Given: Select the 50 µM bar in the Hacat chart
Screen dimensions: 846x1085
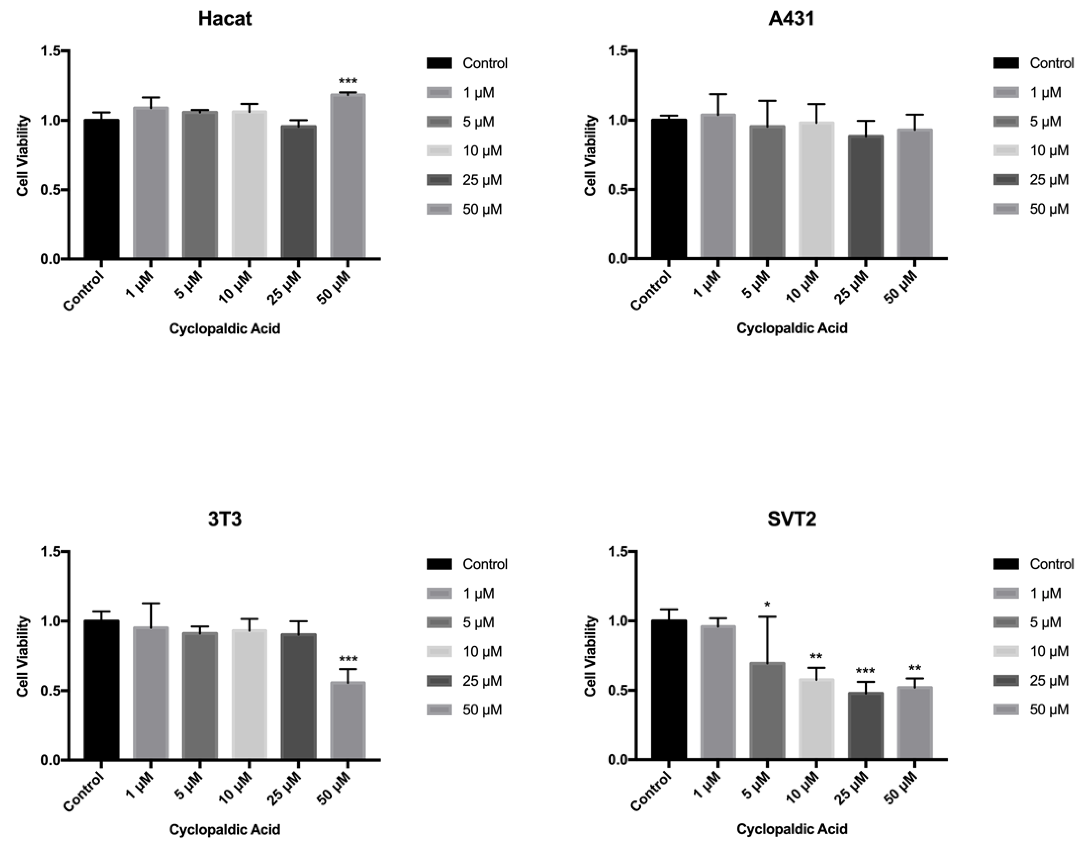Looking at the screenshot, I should click(x=348, y=176).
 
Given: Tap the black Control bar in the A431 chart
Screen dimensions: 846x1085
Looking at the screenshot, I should click(x=669, y=189).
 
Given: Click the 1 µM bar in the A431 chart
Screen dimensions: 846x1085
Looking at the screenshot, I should click(x=718, y=186).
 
